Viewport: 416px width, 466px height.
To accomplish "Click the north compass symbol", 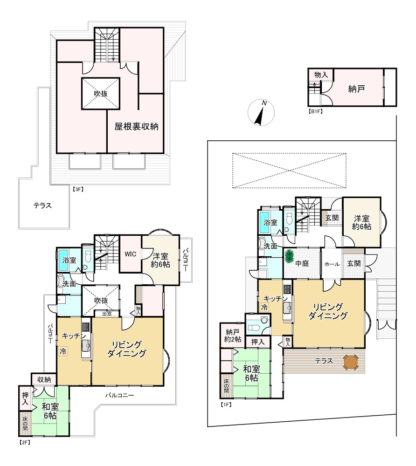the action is coord(261,112).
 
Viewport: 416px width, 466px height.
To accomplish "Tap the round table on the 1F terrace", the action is coord(351,362).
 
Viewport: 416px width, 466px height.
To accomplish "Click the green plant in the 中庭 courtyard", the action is coord(289,256).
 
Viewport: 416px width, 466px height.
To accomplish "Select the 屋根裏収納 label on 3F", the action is coord(137,127).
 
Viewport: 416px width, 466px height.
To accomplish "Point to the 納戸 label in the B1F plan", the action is coord(356,89).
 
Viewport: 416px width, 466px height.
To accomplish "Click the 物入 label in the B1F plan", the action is coord(321,75).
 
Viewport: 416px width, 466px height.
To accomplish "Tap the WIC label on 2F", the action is coord(130,254).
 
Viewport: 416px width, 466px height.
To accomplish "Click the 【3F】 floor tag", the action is coord(78,189).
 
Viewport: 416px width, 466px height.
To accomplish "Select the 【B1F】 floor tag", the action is coord(316,111).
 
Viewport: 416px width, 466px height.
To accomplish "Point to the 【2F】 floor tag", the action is coord(24,442).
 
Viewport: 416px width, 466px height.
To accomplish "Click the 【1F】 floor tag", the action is coord(226,404).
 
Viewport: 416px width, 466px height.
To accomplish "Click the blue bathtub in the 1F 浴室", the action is coord(264,223).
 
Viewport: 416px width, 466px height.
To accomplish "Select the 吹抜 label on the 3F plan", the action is coord(101,94).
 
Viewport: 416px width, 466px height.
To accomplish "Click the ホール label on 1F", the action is coord(332,264).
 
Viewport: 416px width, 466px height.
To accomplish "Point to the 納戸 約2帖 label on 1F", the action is coord(233,336).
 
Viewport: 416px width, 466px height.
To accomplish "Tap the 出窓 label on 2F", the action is coord(107,314).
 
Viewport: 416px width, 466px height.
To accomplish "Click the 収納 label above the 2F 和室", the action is coord(44,379).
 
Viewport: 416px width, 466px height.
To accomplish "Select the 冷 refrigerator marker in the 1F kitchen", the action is coord(264,308).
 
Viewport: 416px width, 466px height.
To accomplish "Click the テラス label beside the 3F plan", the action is coord(42,206).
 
